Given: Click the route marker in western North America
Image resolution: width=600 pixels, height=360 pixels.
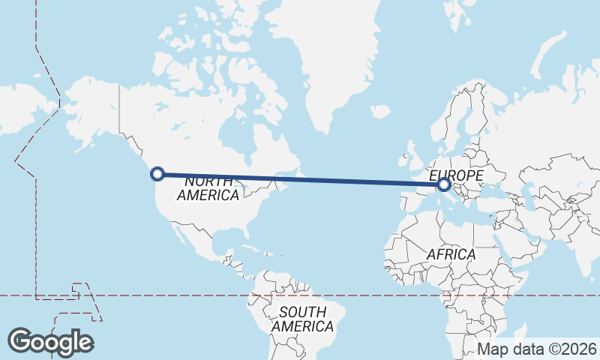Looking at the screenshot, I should coord(157,174).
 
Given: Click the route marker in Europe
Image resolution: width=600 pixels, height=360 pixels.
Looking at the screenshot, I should coord(443,183).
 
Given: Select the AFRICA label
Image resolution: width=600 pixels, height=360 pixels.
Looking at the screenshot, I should coord(451,254).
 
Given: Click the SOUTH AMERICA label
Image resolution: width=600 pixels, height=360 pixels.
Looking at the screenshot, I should coord(303,319).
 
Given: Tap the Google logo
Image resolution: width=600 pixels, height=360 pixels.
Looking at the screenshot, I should coord(50,342).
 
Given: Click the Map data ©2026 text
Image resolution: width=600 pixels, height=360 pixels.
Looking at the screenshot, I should coord(537,349).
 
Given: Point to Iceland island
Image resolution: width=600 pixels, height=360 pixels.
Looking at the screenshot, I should coord(380,112).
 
